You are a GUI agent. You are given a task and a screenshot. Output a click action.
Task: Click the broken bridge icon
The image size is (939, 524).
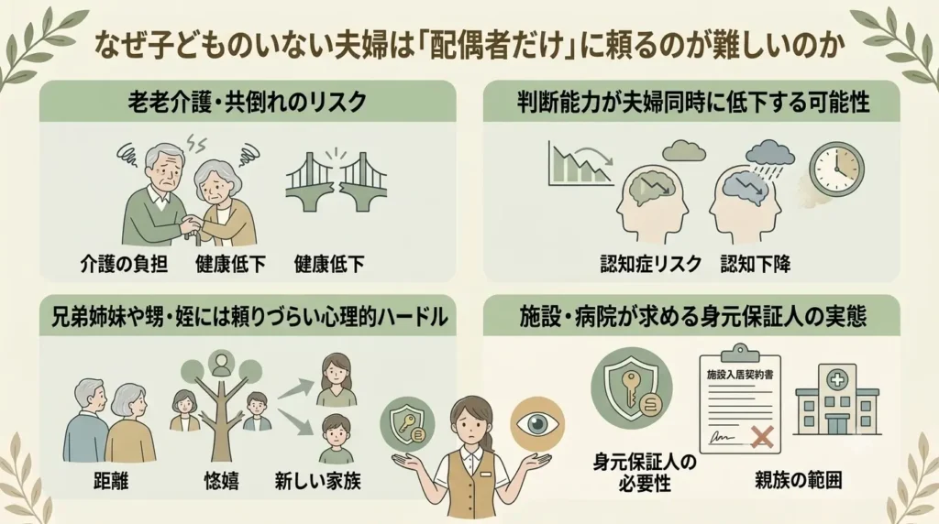click(336, 180)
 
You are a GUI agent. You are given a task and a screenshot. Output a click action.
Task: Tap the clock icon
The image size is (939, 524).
click(837, 169)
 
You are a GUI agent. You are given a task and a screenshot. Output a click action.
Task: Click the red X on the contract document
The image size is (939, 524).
click(762, 436)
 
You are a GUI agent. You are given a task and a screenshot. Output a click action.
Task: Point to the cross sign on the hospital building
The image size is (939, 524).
click(835, 378)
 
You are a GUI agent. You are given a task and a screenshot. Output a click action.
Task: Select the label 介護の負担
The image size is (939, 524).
click(124, 263)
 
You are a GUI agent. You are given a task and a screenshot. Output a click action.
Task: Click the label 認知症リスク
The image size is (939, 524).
click(651, 263)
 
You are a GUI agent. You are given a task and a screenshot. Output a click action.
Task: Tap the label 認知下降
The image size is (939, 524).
click(756, 263)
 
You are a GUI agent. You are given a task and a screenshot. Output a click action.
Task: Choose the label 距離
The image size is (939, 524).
click(111, 480)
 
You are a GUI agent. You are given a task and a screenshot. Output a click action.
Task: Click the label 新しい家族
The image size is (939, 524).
click(317, 480)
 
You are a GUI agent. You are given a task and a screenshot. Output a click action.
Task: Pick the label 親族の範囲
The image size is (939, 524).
click(799, 480)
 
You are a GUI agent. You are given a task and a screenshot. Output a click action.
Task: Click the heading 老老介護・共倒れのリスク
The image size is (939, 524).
click(247, 103)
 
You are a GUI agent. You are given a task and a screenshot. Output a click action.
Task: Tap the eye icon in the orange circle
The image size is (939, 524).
click(537, 424)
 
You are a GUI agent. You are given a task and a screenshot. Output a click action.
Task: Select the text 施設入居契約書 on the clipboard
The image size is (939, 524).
click(740, 375)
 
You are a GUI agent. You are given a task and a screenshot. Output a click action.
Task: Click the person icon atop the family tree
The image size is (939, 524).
click(221, 363)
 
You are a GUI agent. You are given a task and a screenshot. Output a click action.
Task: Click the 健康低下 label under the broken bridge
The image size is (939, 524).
click(329, 263)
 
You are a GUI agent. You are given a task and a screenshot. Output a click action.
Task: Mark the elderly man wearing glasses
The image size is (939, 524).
click(159, 194)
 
